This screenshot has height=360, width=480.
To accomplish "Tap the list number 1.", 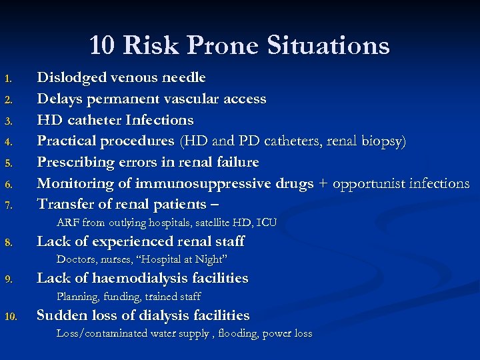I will [8, 79].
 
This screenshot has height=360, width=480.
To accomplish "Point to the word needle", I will [183, 78].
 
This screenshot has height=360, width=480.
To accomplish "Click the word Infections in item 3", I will [159, 120].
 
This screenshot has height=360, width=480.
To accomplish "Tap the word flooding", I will [239, 333].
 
